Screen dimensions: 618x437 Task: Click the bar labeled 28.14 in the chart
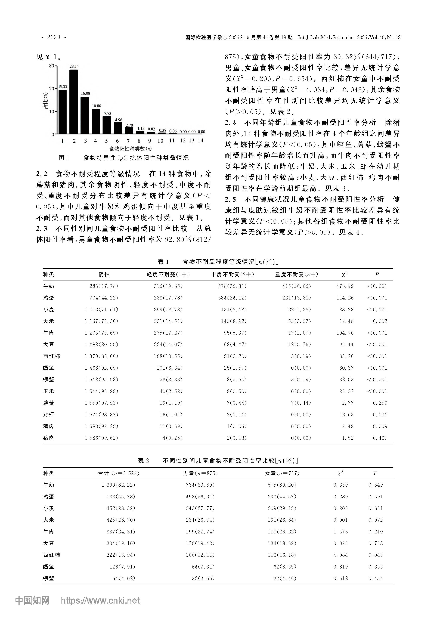tap(74, 102)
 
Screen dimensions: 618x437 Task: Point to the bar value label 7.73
tap(108, 113)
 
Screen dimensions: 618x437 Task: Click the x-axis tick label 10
tap(160, 141)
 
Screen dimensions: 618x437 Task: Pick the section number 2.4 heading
tap(231, 123)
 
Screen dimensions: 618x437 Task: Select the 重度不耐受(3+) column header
tap(297, 274)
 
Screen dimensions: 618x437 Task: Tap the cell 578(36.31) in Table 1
tap(232, 286)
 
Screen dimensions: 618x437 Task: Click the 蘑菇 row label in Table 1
tap(49, 403)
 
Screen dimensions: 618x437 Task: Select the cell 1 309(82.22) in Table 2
tap(118, 485)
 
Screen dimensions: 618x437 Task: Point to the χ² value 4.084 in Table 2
tap(340, 555)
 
